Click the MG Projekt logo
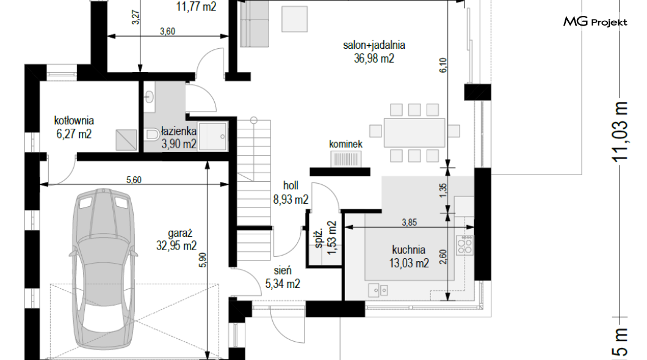tap(595, 21)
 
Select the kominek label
tap(346, 144)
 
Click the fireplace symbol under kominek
tap(346, 159)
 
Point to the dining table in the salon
tap(414, 132)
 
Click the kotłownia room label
tap(74, 120)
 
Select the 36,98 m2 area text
tap(374, 59)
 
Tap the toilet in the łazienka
tap(153, 134)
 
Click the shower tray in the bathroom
tap(212, 136)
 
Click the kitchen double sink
tap(378, 290)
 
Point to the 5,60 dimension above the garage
tap(134, 180)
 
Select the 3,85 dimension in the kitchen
tap(410, 222)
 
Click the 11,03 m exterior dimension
tap(620, 131)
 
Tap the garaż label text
tap(180, 234)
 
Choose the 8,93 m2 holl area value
tap(291, 200)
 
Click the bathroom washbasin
tap(149, 97)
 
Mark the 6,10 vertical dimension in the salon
tap(443, 65)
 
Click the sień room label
tap(283, 270)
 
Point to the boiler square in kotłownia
tap(126, 140)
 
